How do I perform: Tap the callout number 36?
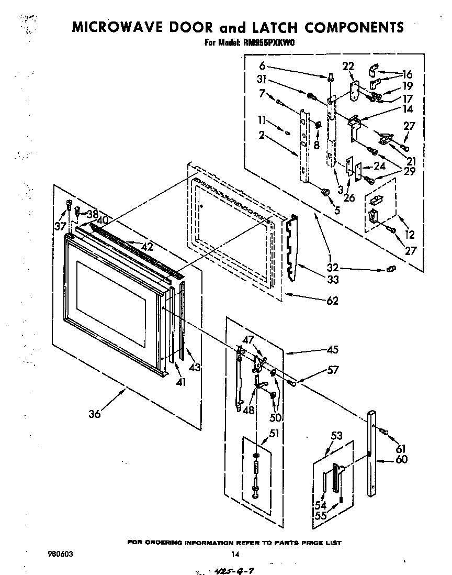click(x=94, y=414)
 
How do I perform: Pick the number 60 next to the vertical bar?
click(x=402, y=460)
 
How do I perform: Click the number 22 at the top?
click(x=348, y=66)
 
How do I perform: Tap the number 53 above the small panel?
click(x=337, y=436)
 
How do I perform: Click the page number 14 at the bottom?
click(x=235, y=555)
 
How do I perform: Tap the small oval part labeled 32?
click(x=390, y=269)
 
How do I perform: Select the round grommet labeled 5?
click(x=325, y=193)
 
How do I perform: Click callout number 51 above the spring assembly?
click(x=274, y=433)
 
